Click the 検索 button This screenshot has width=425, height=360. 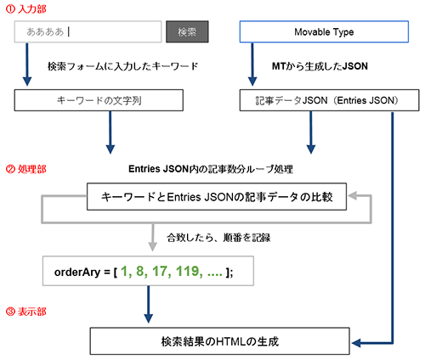pyautogui.click(x=187, y=32)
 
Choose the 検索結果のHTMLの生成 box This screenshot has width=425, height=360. pyautogui.click(x=220, y=341)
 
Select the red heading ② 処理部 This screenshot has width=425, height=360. pyautogui.click(x=25, y=169)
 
